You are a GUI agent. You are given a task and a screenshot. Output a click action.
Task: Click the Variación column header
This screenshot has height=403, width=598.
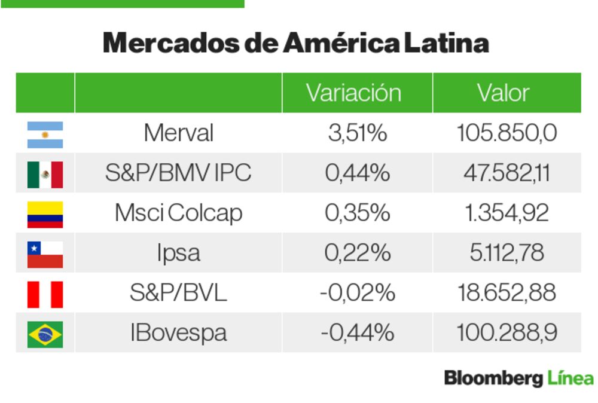[x=353, y=93]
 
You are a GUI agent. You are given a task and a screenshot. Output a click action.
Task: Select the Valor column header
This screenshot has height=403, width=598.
[x=503, y=93]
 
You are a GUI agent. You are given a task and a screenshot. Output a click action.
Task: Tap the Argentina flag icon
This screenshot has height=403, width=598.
[x=45, y=135]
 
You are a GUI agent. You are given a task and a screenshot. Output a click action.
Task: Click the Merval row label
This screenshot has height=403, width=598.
[x=178, y=133]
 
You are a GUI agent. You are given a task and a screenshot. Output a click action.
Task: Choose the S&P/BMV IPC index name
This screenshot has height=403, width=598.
[x=178, y=173]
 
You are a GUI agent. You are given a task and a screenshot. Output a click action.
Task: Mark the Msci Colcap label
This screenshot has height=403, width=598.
[x=178, y=213]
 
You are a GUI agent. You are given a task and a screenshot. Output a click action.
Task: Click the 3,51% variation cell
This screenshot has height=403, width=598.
[x=357, y=133]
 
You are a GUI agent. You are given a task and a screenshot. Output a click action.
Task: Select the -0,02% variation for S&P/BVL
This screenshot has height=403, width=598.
[x=357, y=293]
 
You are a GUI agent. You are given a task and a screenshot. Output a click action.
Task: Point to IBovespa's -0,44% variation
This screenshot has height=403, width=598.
[x=357, y=332]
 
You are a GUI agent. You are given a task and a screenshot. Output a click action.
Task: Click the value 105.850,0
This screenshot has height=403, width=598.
[x=507, y=133]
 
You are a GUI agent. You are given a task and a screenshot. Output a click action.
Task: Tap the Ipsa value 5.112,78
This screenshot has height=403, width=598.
[x=507, y=253]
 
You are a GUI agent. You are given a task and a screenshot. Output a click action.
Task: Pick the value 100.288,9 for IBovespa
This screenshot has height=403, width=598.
[x=507, y=332]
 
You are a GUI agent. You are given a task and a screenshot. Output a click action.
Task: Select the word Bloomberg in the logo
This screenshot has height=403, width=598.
[x=493, y=378]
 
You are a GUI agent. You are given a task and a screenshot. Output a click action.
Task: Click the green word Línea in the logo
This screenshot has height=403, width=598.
[x=570, y=378]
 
